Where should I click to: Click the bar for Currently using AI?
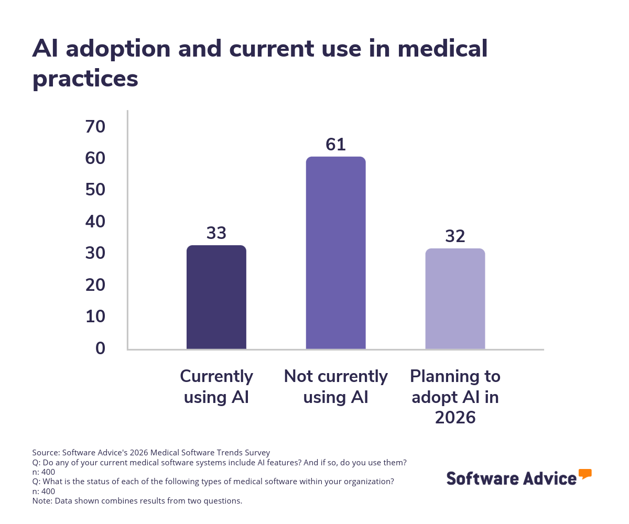click(x=216, y=297)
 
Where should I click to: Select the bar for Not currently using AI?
click(x=335, y=253)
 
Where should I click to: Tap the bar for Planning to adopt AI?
click(x=455, y=299)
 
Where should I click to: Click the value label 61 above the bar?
click(x=335, y=145)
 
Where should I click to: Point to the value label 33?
click(x=216, y=233)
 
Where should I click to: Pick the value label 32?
click(x=455, y=236)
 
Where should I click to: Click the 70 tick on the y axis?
click(x=95, y=126)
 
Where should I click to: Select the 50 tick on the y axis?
click(x=95, y=190)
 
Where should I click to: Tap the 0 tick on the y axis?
click(x=100, y=348)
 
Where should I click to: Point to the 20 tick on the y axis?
click(x=95, y=285)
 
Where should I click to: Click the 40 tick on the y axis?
click(x=95, y=222)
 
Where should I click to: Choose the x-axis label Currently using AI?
click(x=216, y=387)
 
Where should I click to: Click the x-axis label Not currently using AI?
click(x=335, y=387)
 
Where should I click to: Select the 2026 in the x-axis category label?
click(x=455, y=418)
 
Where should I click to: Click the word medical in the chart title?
click(x=442, y=49)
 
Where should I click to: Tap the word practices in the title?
click(x=85, y=79)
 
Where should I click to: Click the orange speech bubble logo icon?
click(x=585, y=474)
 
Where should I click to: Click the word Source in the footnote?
click(x=45, y=452)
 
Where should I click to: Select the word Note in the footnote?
click(x=41, y=500)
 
